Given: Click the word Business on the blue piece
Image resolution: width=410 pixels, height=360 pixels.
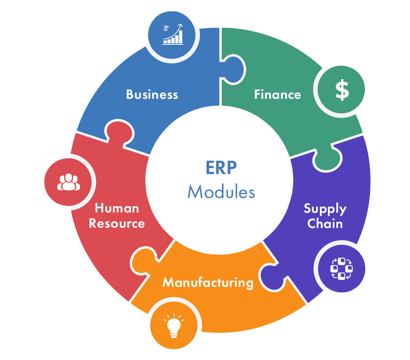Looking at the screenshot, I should coord(152,94).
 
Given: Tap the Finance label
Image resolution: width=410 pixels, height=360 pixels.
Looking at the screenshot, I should coord(277,94).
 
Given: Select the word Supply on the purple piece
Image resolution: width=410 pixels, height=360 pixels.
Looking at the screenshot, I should coord(325,209).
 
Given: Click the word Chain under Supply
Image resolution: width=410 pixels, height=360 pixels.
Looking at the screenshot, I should coord(325,223).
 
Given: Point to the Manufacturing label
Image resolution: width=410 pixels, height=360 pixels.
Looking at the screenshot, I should coord(208,282).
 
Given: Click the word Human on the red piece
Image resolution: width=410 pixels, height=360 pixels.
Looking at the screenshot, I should coord(117,208).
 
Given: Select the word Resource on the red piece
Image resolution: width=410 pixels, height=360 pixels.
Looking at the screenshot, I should coord(117,223).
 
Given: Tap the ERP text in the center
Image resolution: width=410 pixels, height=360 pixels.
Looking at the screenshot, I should coord(221,167).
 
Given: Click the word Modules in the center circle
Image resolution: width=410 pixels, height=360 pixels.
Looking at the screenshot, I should coord(221,192).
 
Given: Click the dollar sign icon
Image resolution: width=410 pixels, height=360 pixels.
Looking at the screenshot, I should coord(342,90).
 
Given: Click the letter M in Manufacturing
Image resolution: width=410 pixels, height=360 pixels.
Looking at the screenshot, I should coord(168,282).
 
